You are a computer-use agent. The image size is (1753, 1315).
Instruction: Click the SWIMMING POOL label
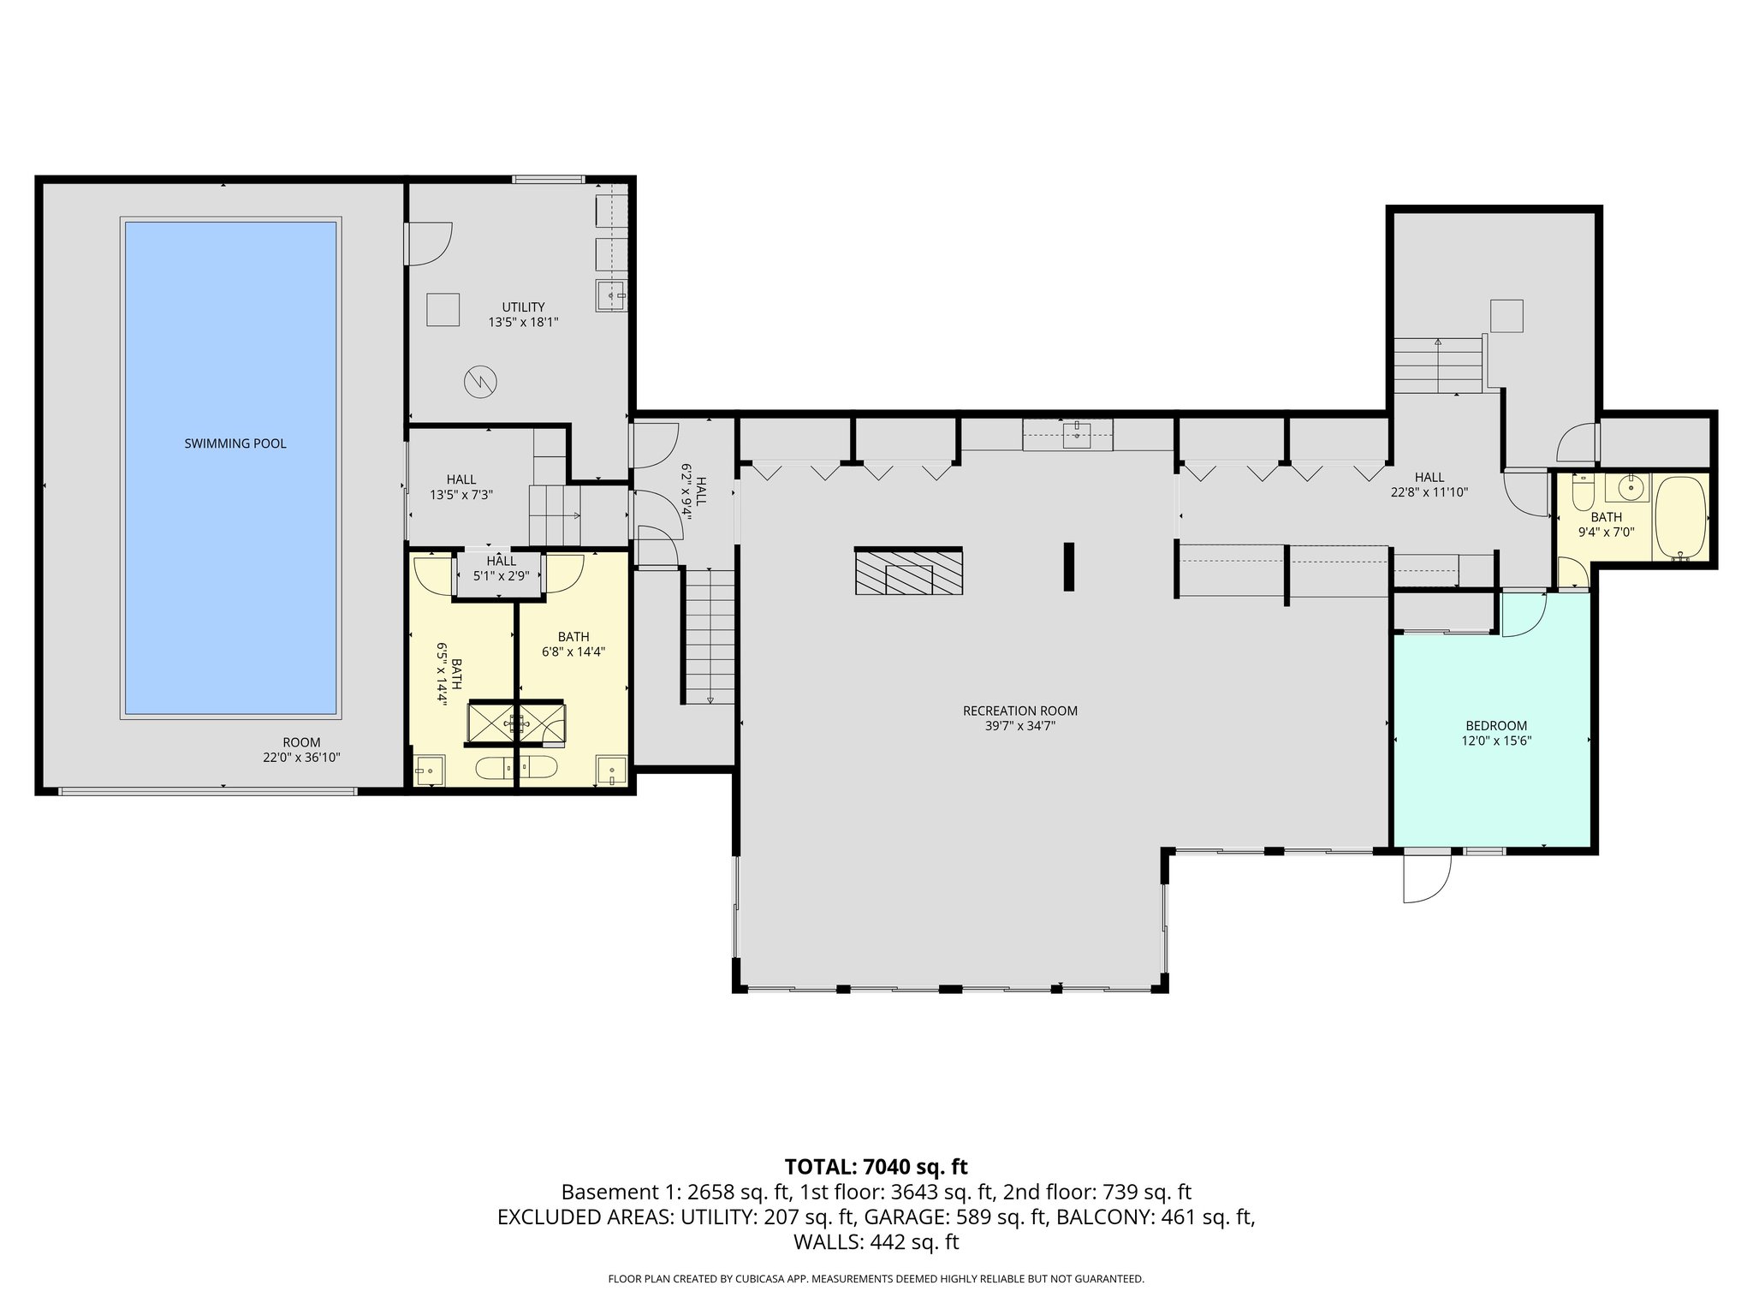[x=235, y=443]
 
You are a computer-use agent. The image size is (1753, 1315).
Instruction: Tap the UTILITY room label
[x=523, y=307]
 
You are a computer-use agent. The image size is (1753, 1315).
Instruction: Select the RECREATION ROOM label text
[x=1019, y=711]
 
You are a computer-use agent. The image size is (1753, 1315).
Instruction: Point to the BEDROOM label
[x=1495, y=726]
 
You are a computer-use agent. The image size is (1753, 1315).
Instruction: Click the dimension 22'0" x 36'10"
[x=301, y=758]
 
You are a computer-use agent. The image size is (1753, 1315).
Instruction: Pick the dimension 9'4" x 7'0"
[x=1606, y=531]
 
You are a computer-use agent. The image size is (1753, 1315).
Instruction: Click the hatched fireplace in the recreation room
[x=908, y=571]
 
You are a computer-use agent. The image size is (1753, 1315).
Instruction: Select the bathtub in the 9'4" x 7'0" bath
[x=1681, y=518]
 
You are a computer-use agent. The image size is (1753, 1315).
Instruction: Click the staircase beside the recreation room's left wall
[x=710, y=636]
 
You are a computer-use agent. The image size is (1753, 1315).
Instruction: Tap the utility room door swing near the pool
[x=429, y=244]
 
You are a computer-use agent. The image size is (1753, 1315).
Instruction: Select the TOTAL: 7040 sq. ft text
[x=876, y=1167]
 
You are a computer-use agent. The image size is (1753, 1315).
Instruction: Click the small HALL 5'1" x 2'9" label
[x=501, y=568]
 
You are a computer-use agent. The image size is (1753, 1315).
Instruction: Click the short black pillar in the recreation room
[x=1068, y=567]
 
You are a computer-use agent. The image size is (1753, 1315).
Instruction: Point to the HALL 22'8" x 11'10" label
[x=1429, y=485]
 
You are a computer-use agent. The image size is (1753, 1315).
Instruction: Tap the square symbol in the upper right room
[x=1506, y=316]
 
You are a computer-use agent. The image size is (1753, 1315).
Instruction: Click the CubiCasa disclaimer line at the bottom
[x=876, y=1279]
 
